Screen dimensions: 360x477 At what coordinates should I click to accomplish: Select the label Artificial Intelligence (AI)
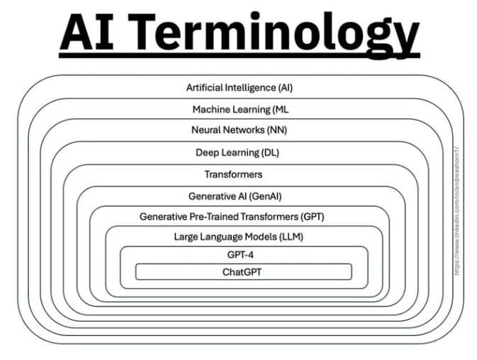239,88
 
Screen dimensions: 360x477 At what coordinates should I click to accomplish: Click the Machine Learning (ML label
239,109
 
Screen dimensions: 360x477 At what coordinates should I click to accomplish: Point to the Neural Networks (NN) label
239,130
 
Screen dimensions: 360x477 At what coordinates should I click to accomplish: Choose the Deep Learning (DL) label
239,152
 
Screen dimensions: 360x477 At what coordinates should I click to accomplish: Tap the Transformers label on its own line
233,174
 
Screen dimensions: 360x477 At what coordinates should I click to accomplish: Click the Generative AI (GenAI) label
240,195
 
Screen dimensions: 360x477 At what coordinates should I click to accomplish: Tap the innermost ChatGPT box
243,271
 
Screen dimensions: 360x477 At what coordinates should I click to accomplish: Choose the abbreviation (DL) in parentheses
270,152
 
